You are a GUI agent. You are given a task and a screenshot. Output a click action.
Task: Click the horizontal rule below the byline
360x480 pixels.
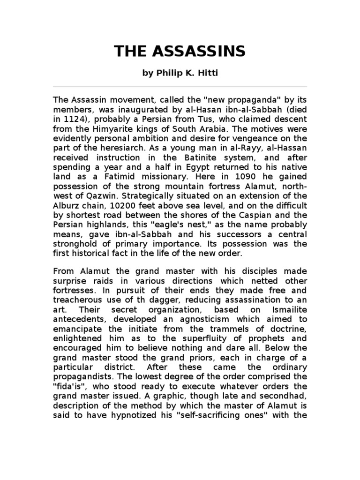coord(180,87)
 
